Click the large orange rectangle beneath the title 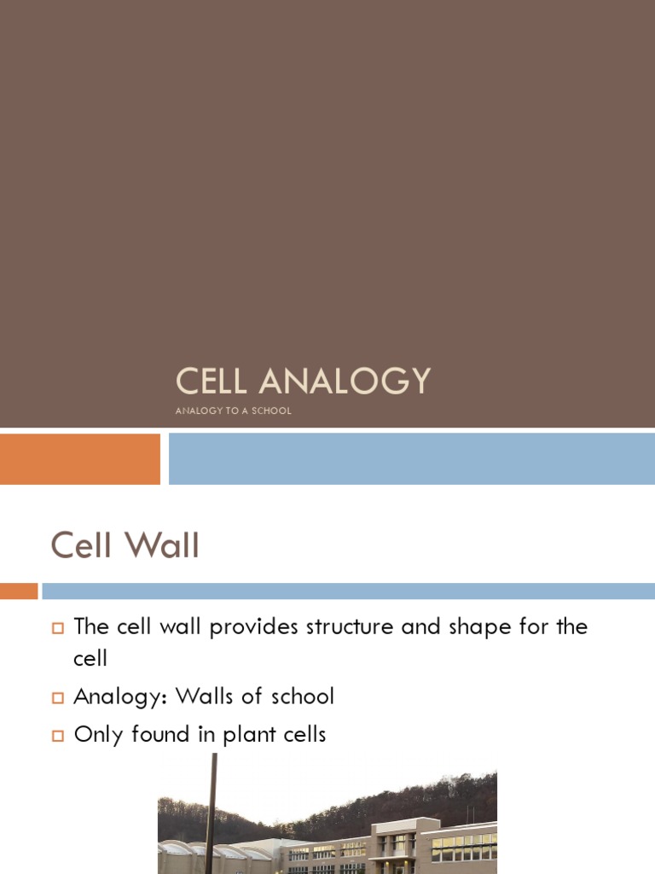(x=80, y=459)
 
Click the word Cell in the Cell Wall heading (x=82, y=545)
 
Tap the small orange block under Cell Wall (x=19, y=591)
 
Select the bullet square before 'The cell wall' (x=58, y=628)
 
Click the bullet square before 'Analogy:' (x=58, y=698)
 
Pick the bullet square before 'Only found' (x=58, y=735)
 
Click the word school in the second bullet (x=299, y=696)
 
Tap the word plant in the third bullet (x=249, y=734)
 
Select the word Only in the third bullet (x=96, y=734)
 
